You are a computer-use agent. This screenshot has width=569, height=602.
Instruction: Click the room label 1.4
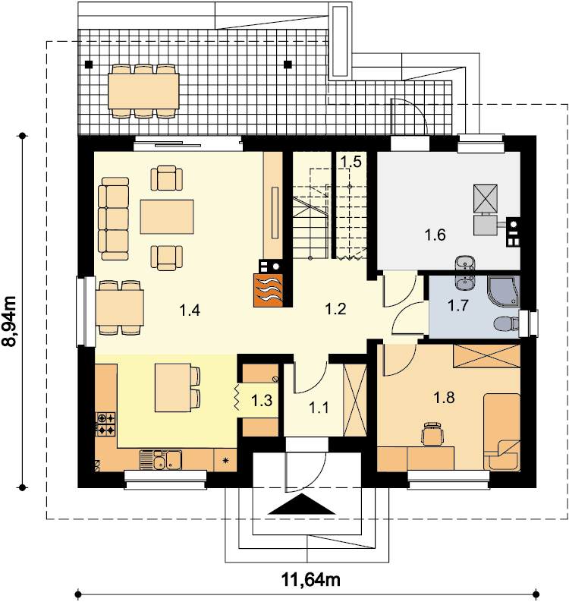point(190,310)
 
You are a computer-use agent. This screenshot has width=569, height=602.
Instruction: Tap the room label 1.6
point(435,235)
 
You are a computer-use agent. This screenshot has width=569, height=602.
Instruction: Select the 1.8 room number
point(444,398)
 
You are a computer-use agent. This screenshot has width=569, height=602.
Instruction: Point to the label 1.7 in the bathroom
point(458,306)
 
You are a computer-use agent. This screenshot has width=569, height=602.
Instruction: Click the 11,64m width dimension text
point(311,580)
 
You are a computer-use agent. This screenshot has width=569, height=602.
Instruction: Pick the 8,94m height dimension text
point(10,321)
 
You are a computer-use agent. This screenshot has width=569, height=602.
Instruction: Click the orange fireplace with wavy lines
point(269,290)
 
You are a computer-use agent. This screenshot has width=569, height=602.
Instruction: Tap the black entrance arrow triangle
point(302,504)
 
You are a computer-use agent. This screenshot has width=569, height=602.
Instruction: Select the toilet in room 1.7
point(506,323)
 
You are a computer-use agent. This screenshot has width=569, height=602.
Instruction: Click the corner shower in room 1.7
point(504,291)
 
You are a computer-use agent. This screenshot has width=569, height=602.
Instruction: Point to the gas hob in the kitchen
point(105,424)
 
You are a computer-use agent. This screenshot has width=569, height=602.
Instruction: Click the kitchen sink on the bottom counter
point(160,460)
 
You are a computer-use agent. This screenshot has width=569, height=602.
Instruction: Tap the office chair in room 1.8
point(432,433)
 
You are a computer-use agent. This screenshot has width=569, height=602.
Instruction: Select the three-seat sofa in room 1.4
point(113,219)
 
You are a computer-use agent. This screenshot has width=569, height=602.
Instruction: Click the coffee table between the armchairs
point(167,216)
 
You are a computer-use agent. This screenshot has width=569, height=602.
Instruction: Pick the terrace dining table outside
point(143,91)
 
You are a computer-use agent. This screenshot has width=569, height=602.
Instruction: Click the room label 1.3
point(262,400)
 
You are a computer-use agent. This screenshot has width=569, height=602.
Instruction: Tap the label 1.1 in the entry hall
point(319,408)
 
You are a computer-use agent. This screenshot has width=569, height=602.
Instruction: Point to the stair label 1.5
point(351,162)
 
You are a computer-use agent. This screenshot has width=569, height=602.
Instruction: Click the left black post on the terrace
point(89,65)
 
